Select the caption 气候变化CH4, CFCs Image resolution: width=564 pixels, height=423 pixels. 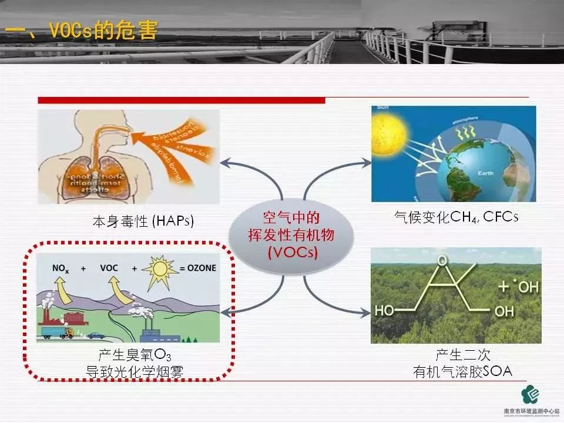456,217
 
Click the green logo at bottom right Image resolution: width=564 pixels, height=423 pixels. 532,394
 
